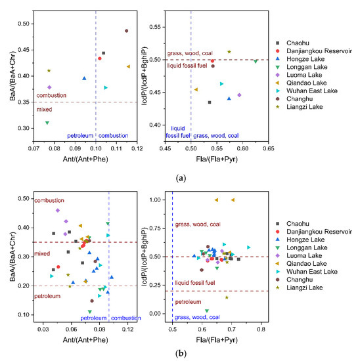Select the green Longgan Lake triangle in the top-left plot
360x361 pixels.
[x=47, y=123]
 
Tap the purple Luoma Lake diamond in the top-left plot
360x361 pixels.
[x=49, y=87]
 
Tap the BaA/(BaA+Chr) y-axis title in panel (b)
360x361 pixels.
[x=6, y=255]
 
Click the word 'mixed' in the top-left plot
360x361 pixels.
[x=44, y=110]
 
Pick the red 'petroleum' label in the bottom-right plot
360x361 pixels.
[x=190, y=303]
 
